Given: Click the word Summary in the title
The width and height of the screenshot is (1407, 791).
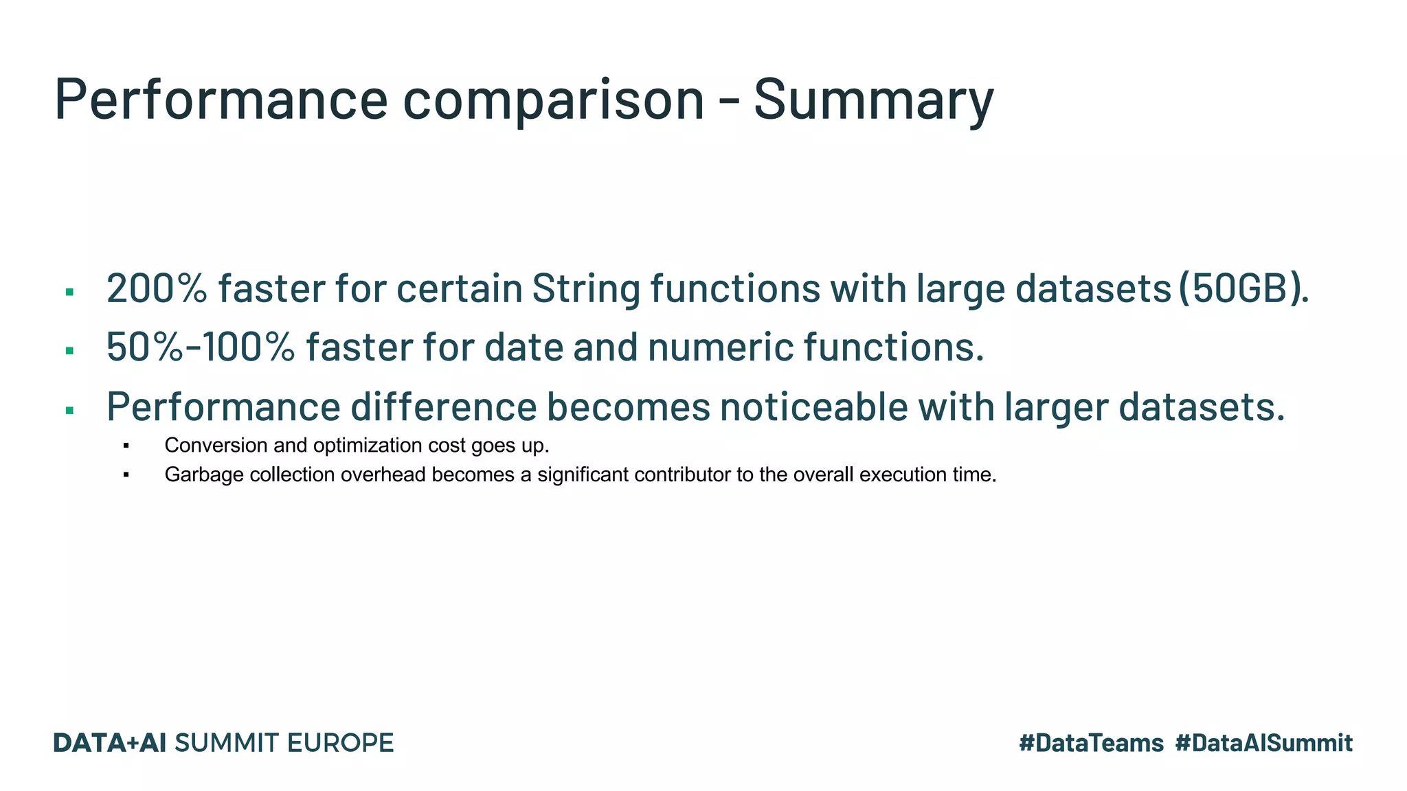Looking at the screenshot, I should (x=873, y=100).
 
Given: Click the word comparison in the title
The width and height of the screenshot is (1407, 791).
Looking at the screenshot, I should (x=553, y=100).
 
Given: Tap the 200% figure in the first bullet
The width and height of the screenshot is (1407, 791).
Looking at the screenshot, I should (x=157, y=288).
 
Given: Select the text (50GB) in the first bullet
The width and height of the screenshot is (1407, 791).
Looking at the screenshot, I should (x=1243, y=288).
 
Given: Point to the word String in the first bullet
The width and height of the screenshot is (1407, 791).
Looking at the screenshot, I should (x=586, y=288).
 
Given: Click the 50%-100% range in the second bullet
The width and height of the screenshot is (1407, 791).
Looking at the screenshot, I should (x=201, y=347).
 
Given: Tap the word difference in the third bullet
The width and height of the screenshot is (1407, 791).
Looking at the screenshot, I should (x=443, y=406).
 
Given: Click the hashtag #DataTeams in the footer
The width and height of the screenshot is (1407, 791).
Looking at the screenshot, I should (x=1091, y=743).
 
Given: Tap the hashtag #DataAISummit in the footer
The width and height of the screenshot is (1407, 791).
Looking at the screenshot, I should (x=1263, y=743).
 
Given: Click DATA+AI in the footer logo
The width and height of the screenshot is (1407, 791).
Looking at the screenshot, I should (x=110, y=743).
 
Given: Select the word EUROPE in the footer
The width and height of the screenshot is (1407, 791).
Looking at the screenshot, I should (x=340, y=743).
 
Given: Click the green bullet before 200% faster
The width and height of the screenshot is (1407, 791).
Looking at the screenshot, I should (x=69, y=293).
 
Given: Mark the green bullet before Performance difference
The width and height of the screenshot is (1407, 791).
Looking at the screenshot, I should (x=69, y=411).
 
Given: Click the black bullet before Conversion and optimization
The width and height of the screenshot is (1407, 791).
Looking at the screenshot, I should (x=126, y=446).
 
